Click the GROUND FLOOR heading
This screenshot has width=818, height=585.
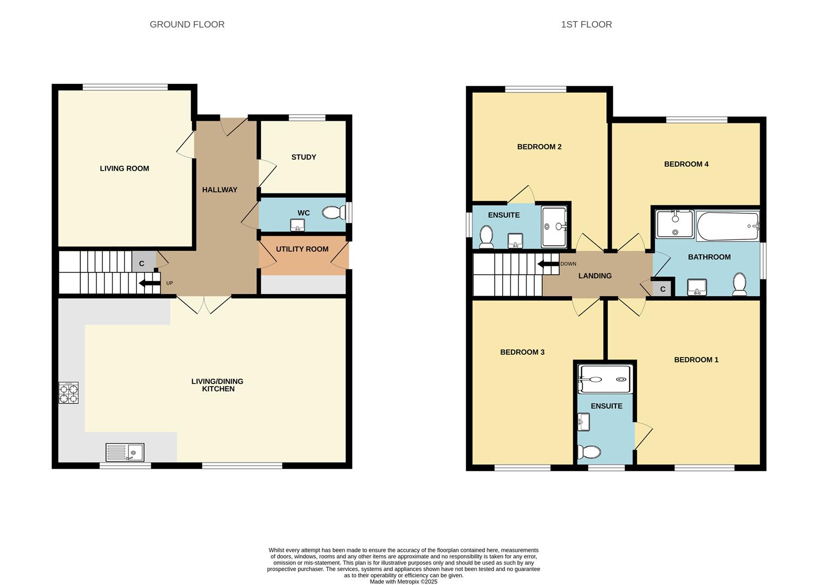(x=187, y=24)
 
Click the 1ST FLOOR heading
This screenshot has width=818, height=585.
(x=586, y=24)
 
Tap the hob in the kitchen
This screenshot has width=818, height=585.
(x=68, y=393)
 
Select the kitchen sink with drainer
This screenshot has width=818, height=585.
(x=125, y=452)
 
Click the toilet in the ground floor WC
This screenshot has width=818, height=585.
(x=333, y=213)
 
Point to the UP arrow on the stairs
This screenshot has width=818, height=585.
(x=150, y=282)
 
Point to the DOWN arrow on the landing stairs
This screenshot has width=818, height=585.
(x=548, y=264)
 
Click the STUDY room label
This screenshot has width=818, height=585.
(x=303, y=157)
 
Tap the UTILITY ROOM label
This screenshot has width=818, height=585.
(x=302, y=249)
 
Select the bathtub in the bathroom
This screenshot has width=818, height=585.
(x=728, y=226)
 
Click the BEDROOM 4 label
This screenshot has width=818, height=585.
(x=686, y=164)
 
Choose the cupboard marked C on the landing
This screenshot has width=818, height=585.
(x=663, y=289)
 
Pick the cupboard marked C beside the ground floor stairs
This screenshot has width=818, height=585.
(x=142, y=264)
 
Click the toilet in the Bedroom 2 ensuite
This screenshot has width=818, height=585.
(x=486, y=237)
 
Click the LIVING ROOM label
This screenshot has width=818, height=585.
(x=124, y=168)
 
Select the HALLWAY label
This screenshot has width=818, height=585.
(x=219, y=190)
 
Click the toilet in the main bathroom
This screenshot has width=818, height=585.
(x=739, y=284)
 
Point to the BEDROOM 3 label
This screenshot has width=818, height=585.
(x=522, y=352)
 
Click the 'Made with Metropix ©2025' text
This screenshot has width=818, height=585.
(x=403, y=582)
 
